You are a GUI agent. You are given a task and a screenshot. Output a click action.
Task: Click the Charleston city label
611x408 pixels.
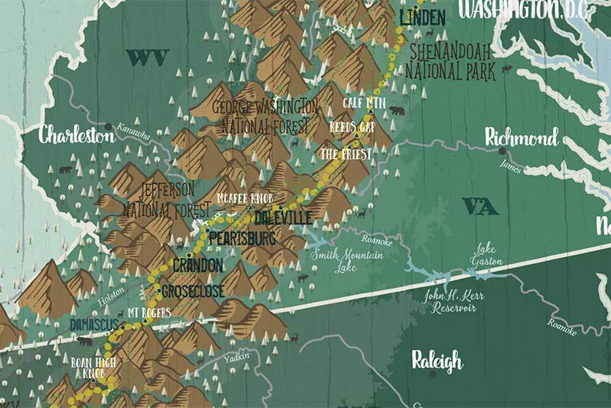pos(76,135)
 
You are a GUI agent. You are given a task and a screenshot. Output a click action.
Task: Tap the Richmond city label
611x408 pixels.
pos(521,138)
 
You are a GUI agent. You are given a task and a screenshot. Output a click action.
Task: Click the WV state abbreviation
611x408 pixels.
pos(147,58)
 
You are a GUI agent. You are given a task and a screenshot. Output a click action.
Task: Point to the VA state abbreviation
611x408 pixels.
pos(480,205)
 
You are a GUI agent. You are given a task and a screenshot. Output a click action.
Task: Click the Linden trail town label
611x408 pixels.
pos(422,18)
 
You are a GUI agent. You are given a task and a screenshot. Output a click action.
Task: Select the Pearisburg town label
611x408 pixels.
pos(242,239)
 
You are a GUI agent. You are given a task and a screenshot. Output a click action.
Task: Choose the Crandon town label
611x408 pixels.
pos(198,265)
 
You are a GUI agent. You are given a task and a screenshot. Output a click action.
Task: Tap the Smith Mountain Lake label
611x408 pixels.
pos(346,260)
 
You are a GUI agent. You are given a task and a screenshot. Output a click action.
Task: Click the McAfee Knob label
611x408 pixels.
pos(244,198)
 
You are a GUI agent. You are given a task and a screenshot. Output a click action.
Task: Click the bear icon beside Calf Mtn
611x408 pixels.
pos(396,109)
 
